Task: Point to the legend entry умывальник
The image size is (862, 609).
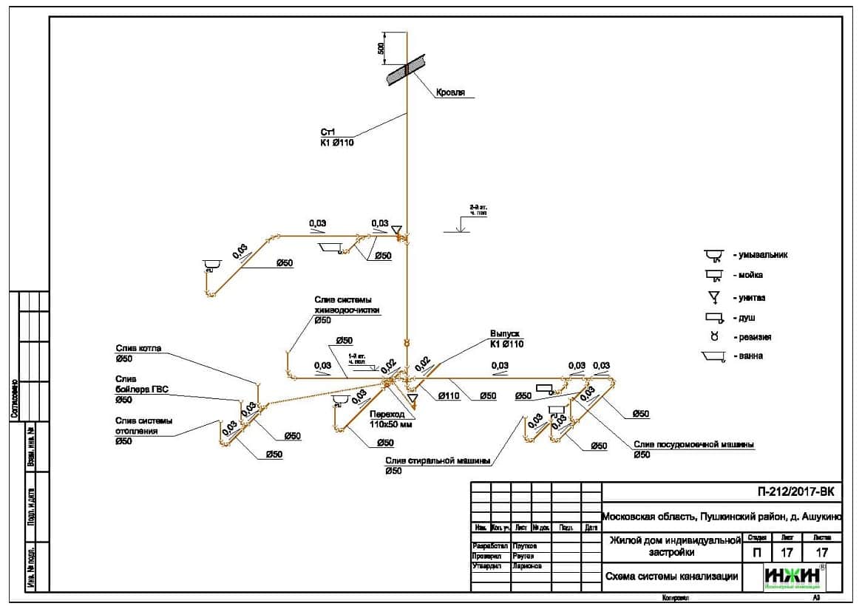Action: (760, 255)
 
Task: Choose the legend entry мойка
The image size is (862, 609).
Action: (748, 276)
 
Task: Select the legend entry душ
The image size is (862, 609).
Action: (743, 319)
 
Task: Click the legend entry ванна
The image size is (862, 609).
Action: (747, 356)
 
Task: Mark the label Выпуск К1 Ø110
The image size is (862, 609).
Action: (506, 338)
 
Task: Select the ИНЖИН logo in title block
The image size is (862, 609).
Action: (793, 576)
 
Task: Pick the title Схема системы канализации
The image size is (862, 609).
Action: (671, 576)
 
